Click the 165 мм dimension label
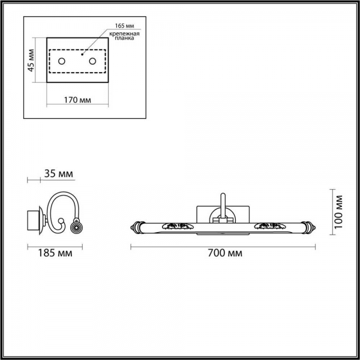coord(124,26)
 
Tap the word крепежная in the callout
coord(124,34)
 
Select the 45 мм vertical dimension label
coord(31,61)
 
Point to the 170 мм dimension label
coord(77,100)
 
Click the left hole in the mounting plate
coord(62,61)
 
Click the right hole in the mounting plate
coord(92,61)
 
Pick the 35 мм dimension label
coord(59,173)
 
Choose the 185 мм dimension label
coord(55,253)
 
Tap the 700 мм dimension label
coord(225,253)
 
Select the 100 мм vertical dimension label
coord(338,212)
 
